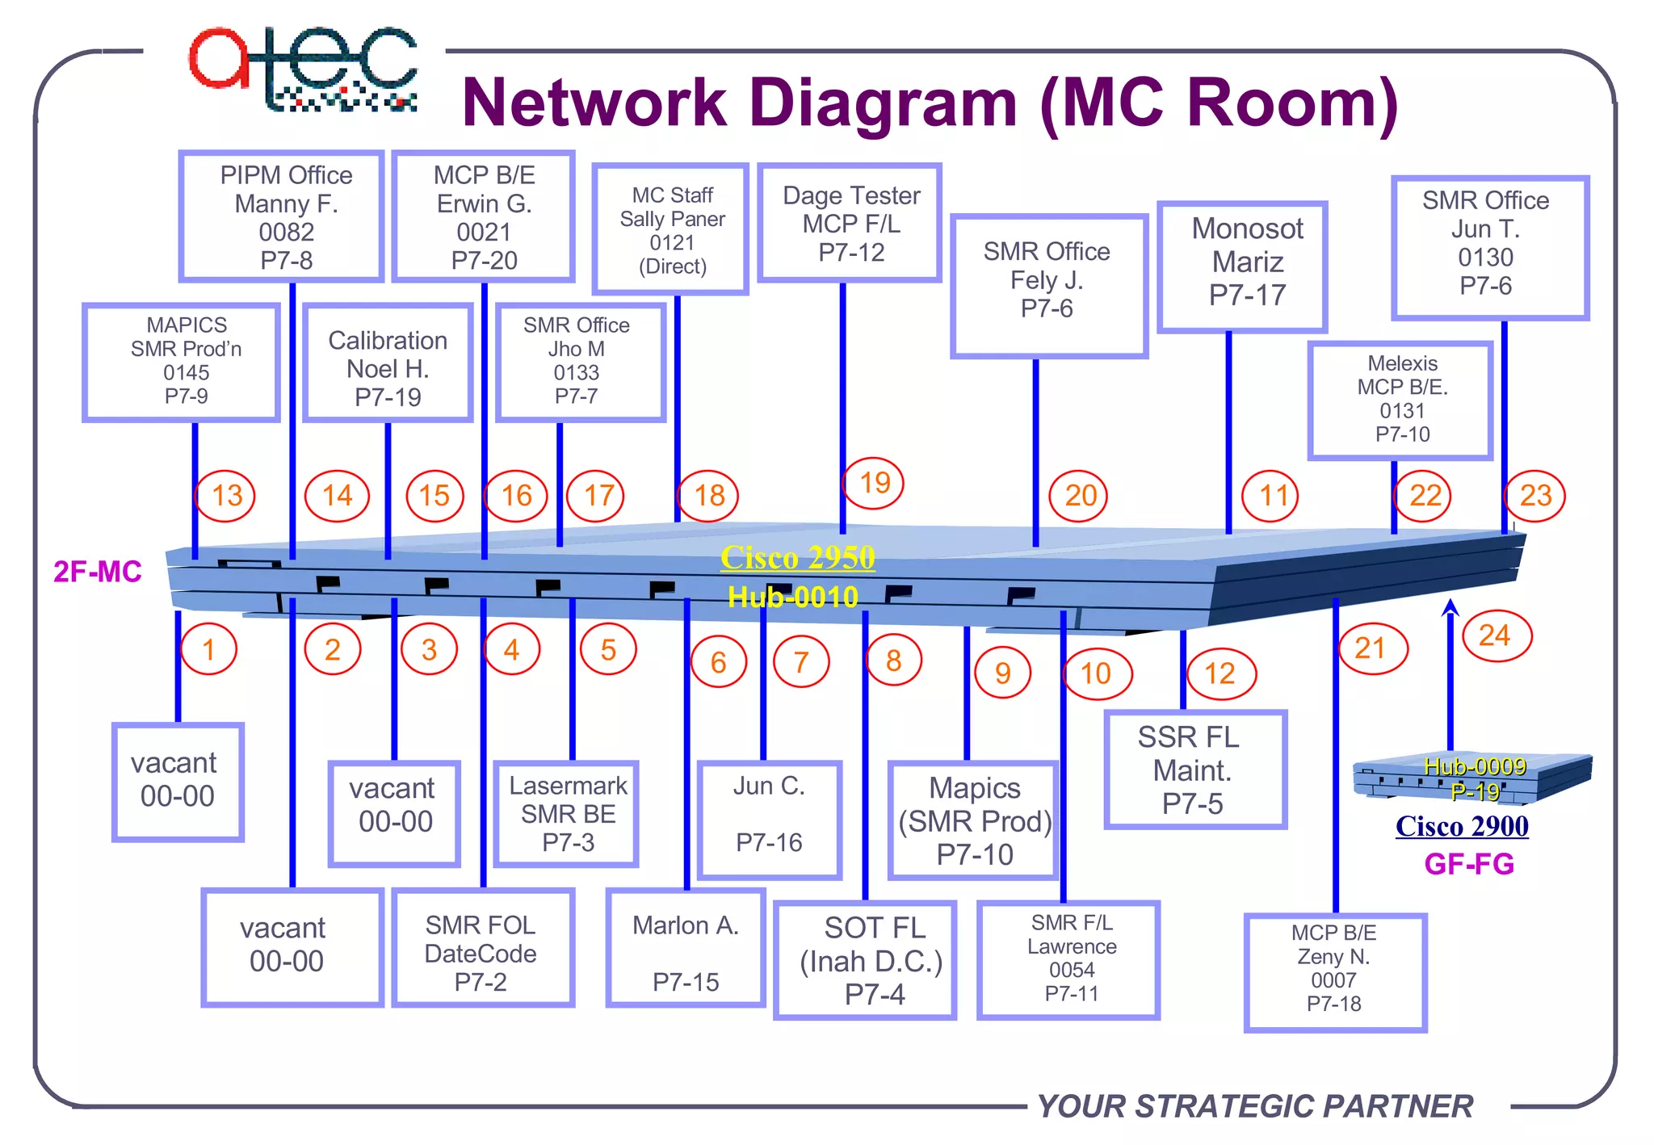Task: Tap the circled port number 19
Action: point(874,483)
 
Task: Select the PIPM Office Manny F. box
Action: point(282,216)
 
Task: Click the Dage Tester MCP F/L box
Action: point(850,224)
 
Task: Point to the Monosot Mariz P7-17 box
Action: point(1243,266)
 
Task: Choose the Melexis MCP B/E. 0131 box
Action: point(1401,400)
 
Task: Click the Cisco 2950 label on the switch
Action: point(798,557)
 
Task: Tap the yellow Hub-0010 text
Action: point(792,597)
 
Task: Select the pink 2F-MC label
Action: point(98,572)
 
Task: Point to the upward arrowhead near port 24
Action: point(1450,607)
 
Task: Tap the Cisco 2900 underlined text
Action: point(1462,826)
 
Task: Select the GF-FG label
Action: point(1468,864)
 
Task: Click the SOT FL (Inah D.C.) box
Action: point(865,961)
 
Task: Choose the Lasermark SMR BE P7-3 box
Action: point(567,814)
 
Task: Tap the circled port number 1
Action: point(209,649)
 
